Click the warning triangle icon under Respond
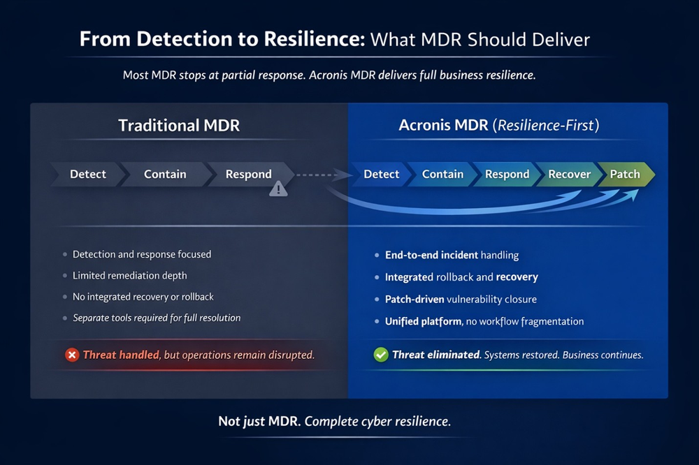[x=278, y=189]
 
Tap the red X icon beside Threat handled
[x=72, y=355]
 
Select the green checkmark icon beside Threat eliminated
[x=381, y=355]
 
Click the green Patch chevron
[x=626, y=174]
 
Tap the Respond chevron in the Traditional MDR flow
[x=249, y=174]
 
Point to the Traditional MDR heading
[x=179, y=125]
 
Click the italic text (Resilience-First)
[x=546, y=125]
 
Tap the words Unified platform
[x=423, y=322]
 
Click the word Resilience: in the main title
[x=315, y=39]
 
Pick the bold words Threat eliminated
[x=436, y=355]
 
